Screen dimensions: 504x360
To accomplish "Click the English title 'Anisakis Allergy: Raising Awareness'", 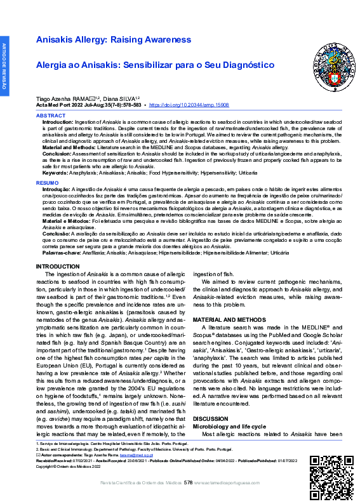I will point(114,40).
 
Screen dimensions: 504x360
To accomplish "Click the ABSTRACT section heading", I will point(50,116).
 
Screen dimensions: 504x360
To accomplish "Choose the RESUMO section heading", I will point(47,182).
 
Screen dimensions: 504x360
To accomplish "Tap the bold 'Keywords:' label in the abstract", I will point(55,173).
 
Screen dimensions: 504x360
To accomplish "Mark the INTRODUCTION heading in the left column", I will point(58,266).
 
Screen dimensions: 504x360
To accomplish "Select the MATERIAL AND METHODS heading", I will point(229,319).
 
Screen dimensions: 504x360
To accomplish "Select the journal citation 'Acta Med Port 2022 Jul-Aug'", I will point(69,105).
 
